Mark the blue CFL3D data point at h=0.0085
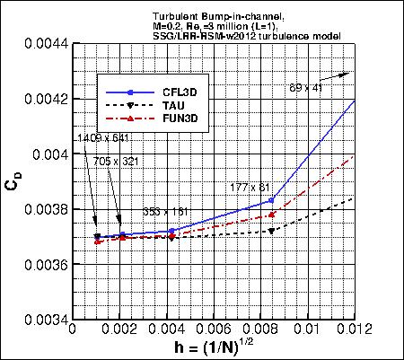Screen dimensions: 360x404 [272, 199]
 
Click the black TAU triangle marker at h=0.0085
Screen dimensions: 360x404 [272, 231]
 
